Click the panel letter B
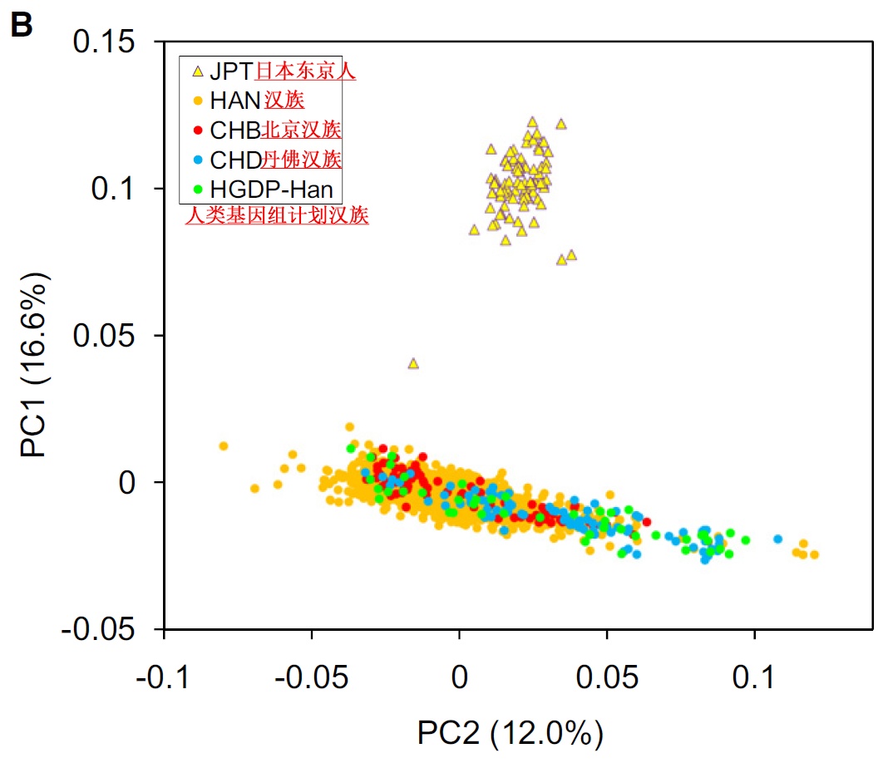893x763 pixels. pyautogui.click(x=21, y=26)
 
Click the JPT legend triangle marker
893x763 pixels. pyautogui.click(x=197, y=71)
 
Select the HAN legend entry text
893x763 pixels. pyautogui.click(x=235, y=101)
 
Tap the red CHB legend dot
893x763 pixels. pyautogui.click(x=197, y=130)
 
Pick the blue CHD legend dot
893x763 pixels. pyautogui.click(x=197, y=159)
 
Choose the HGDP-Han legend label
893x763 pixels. pyautogui.click(x=271, y=188)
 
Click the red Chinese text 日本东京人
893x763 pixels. pyautogui.click(x=304, y=71)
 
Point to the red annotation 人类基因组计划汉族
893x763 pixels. pyautogui.click(x=277, y=215)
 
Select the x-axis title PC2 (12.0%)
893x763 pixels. pyautogui.click(x=509, y=734)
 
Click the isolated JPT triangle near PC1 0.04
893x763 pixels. pyautogui.click(x=413, y=363)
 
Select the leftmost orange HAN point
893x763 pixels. pyautogui.click(x=223, y=446)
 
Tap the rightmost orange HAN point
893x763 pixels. pyautogui.click(x=814, y=554)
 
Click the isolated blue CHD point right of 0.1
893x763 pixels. pyautogui.click(x=778, y=539)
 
